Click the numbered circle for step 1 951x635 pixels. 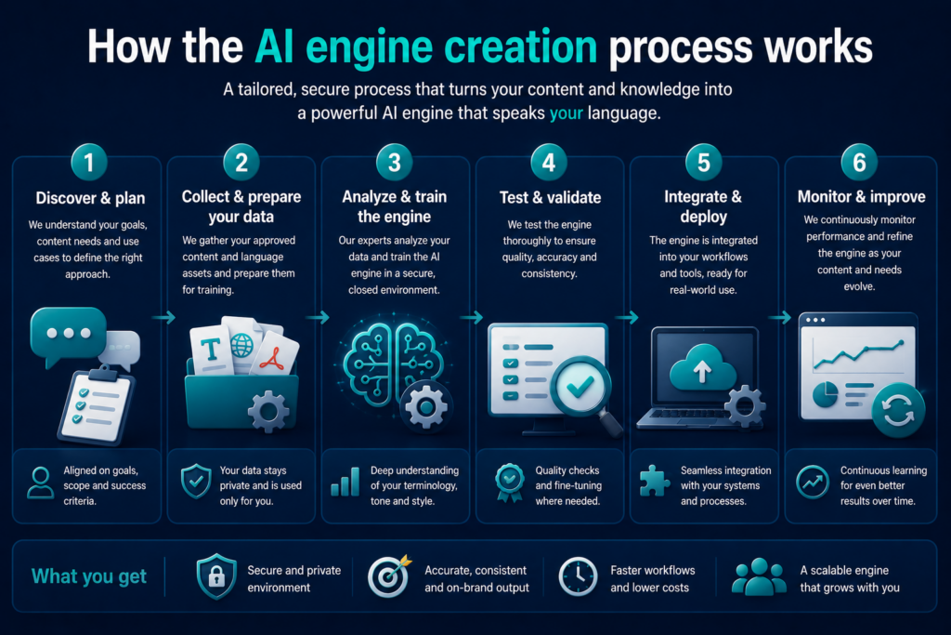pyautogui.click(x=89, y=162)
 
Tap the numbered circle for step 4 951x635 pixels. pyautogui.click(x=549, y=162)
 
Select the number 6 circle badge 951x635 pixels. pyautogui.click(x=859, y=162)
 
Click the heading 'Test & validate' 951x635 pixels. pyautogui.click(x=550, y=197)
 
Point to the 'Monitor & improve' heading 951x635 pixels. pyautogui.click(x=861, y=197)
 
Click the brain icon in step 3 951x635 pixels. pyautogui.click(x=393, y=363)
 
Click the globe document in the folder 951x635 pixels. pyautogui.click(x=242, y=345)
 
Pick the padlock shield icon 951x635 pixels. pyautogui.click(x=216, y=576)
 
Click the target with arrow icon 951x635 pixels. pyautogui.click(x=389, y=576)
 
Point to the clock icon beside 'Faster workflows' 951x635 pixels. pyautogui.click(x=578, y=576)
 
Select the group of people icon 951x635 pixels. pyautogui.click(x=759, y=576)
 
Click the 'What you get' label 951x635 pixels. pyautogui.click(x=89, y=576)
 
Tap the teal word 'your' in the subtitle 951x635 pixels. pyautogui.click(x=566, y=113)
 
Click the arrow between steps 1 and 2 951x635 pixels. pyautogui.click(x=163, y=317)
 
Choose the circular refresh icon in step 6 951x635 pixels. pyautogui.click(x=898, y=410)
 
